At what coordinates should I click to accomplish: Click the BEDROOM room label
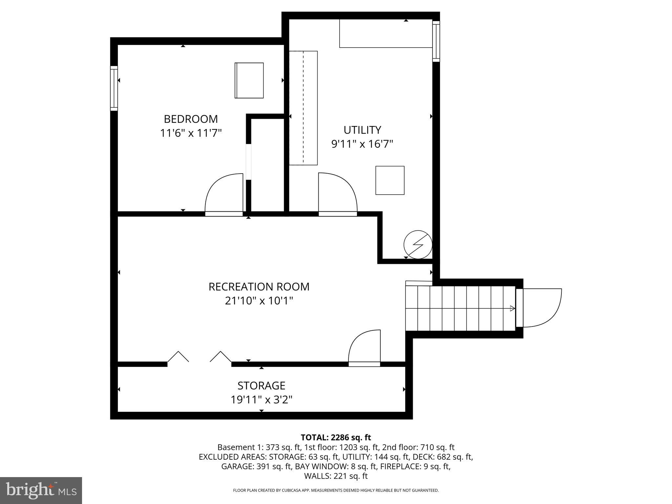point(191,119)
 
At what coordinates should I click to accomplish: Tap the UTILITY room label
point(362,130)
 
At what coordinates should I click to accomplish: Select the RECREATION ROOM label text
point(259,287)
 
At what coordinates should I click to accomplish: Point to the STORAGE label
point(261,385)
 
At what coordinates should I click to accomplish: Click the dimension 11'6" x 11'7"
point(191,133)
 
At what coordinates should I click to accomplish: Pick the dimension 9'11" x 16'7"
point(362,144)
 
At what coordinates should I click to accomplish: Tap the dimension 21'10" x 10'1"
point(259,301)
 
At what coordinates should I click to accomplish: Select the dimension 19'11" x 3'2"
point(261,400)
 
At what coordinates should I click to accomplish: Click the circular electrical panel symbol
point(418,244)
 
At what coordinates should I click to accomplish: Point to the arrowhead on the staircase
point(512,308)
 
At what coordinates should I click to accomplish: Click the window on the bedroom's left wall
point(114,88)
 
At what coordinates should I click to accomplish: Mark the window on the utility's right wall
point(436,41)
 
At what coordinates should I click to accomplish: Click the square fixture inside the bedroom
point(249,80)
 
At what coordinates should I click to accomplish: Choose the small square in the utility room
point(390,180)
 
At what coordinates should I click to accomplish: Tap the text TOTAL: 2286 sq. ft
point(336,437)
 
